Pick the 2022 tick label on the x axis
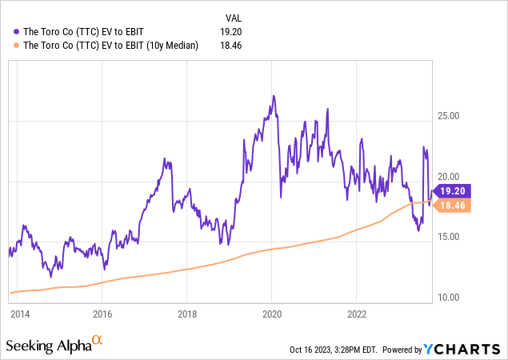click(x=356, y=314)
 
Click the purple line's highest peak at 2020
click(x=274, y=96)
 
